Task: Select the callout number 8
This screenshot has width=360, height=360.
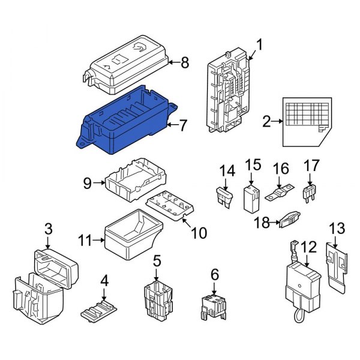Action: point(185,61)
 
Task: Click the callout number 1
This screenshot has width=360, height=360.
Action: point(260,44)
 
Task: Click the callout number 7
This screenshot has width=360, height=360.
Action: point(183,125)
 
